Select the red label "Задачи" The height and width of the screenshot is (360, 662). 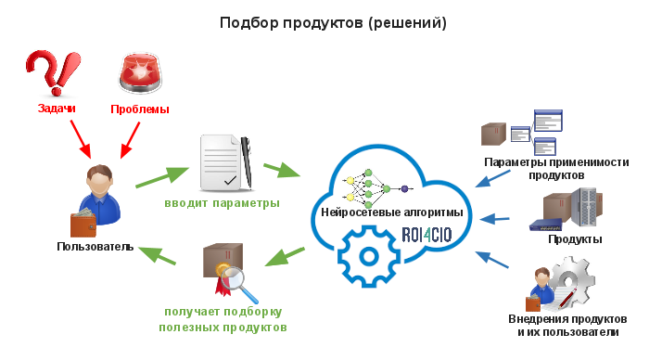57,109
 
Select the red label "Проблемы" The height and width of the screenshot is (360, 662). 140,109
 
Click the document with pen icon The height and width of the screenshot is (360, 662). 226,161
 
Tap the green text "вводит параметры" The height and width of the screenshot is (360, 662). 223,202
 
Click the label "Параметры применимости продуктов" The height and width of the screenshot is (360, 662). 556,168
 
